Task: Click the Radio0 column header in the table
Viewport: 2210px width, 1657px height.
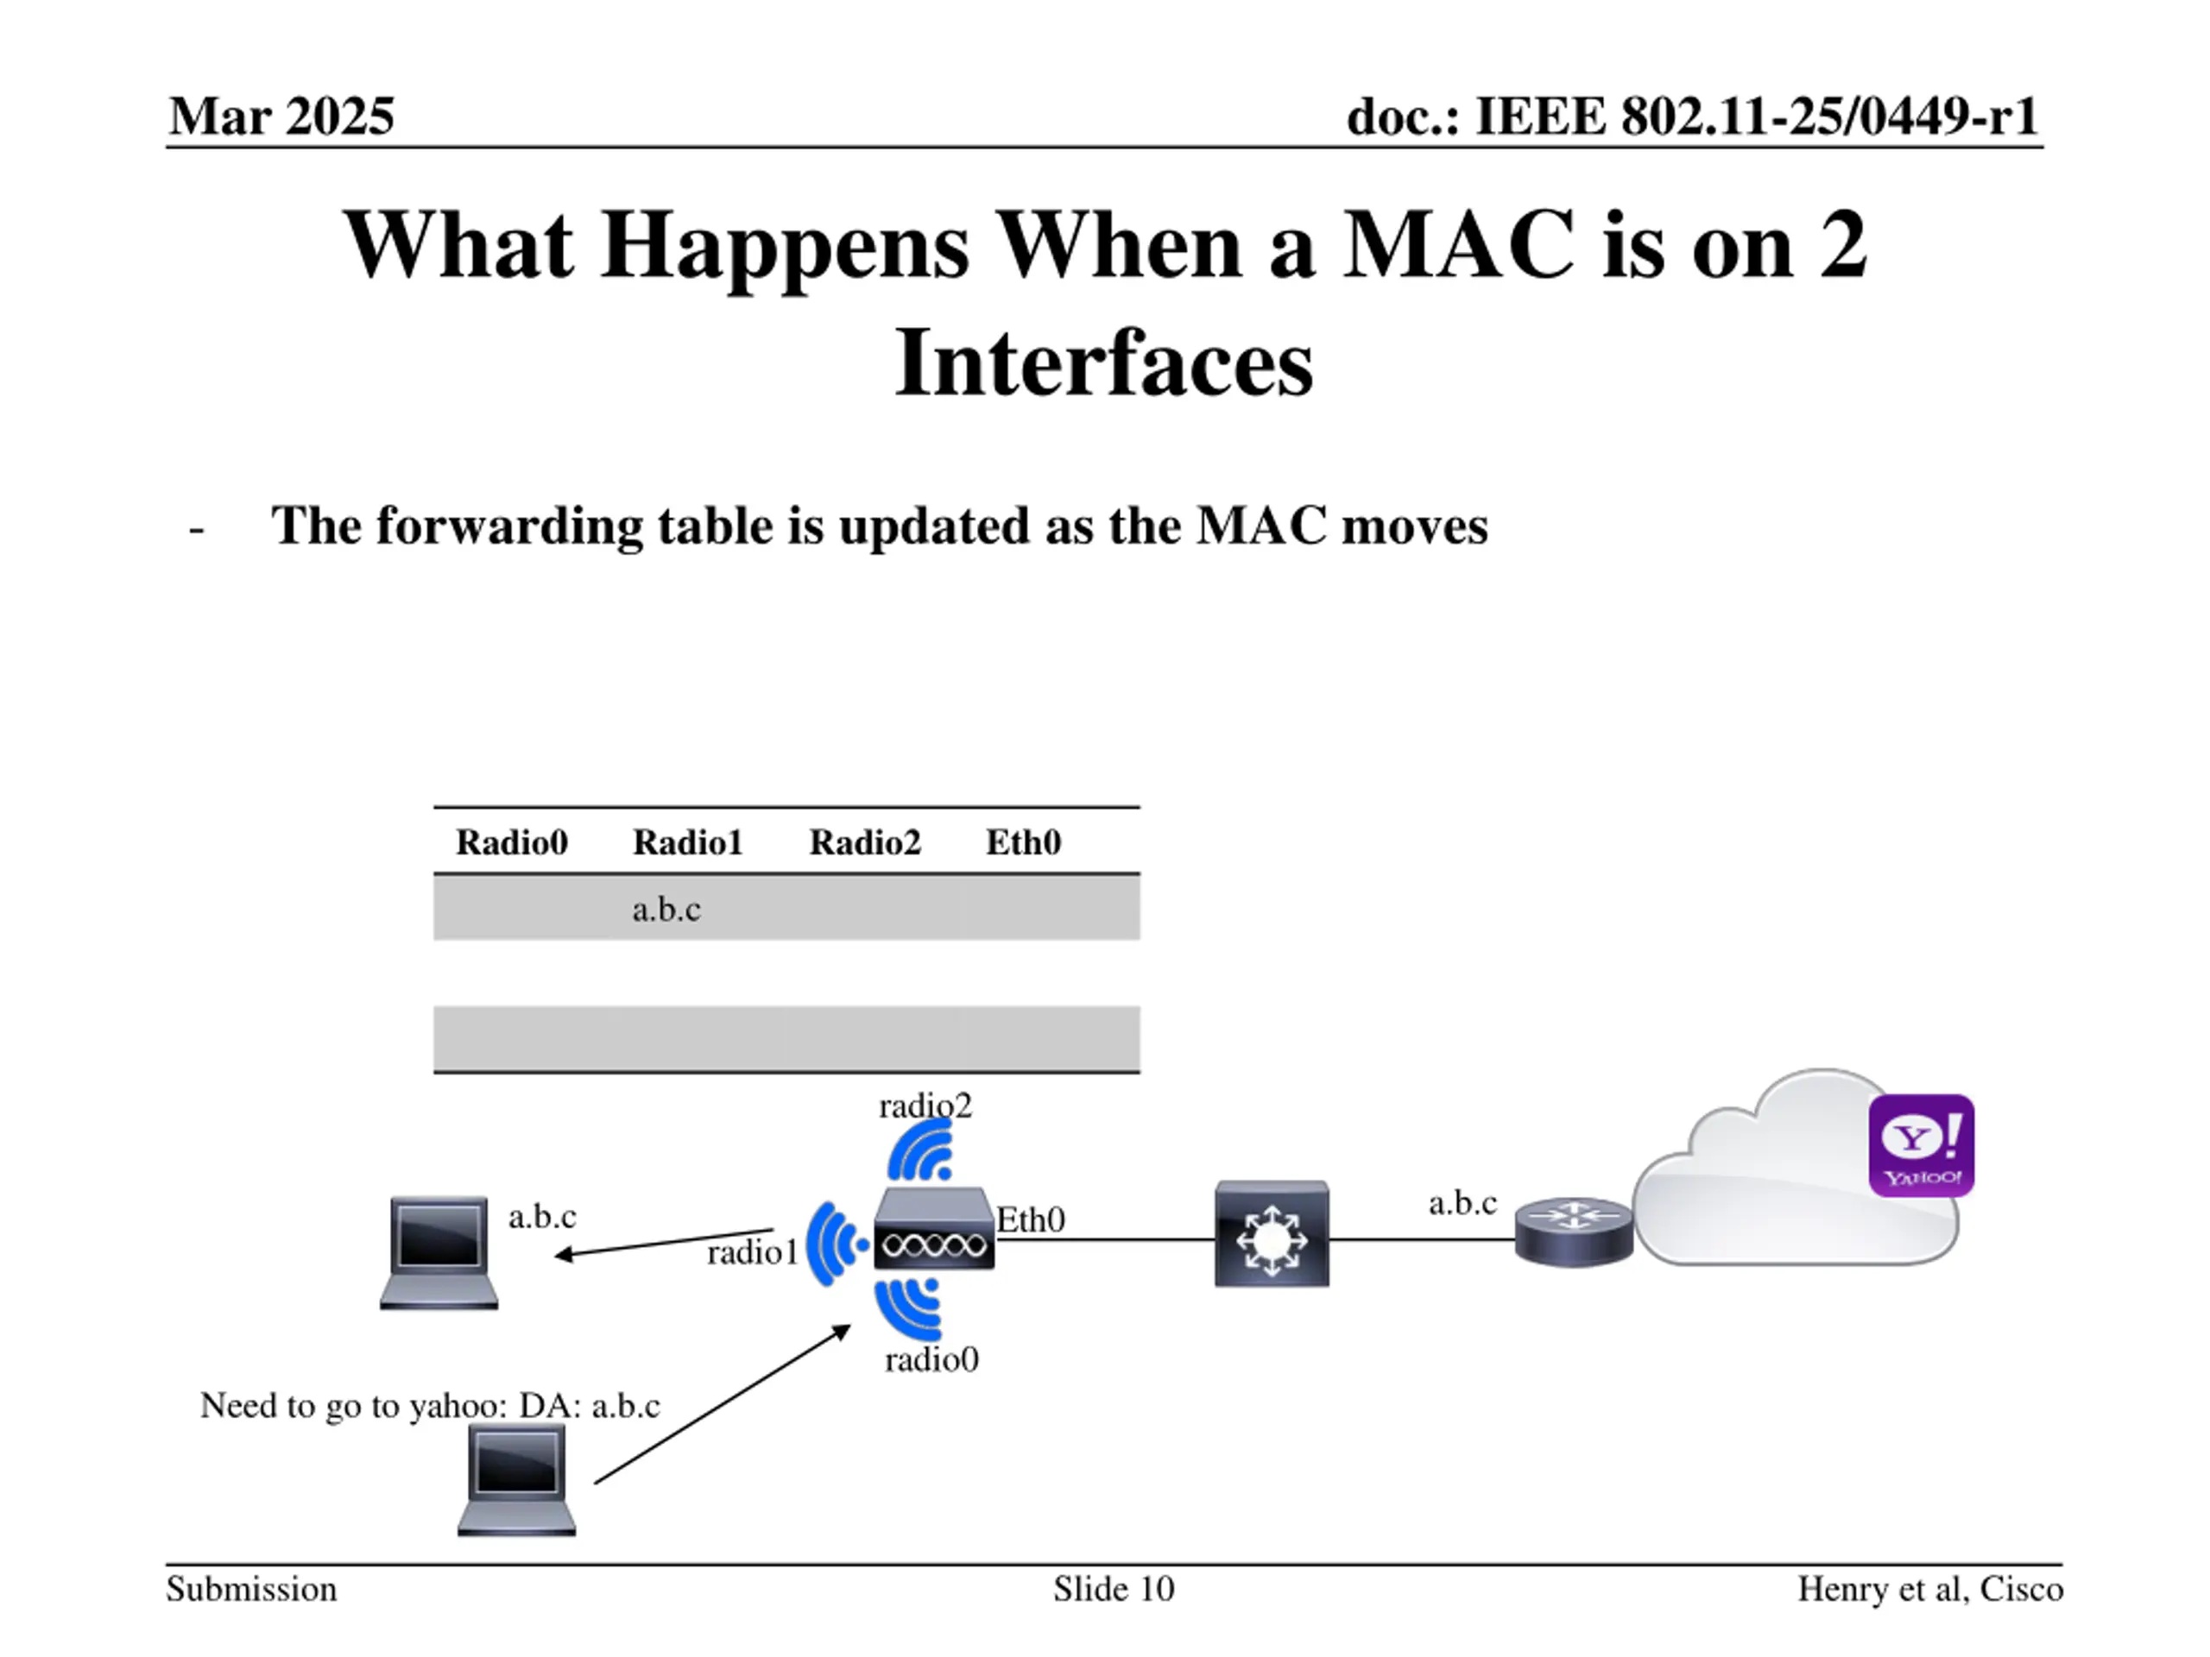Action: [512, 843]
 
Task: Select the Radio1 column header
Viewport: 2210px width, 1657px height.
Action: [687, 843]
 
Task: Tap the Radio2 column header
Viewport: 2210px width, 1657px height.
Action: [864, 843]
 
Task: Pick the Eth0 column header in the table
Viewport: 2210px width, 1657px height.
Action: [1023, 843]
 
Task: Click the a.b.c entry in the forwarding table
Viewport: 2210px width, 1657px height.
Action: [666, 910]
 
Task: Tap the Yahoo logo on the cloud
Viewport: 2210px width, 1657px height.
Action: [1920, 1144]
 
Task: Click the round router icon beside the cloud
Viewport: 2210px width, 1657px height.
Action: [1574, 1232]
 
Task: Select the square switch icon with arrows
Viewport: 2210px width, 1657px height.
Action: [1272, 1234]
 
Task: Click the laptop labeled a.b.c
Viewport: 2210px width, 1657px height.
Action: [439, 1252]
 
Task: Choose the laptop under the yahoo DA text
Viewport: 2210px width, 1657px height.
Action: [516, 1479]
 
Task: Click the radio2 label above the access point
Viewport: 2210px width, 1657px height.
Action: [925, 1106]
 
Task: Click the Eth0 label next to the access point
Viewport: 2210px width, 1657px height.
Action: [1031, 1219]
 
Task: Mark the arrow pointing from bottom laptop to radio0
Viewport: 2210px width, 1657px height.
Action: [723, 1404]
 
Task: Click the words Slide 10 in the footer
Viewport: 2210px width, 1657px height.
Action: [1113, 1589]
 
